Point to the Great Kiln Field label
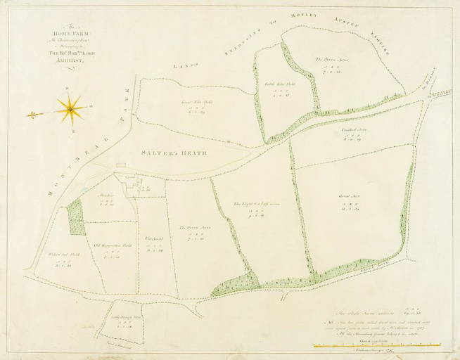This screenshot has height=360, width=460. pyautogui.click(x=190, y=102)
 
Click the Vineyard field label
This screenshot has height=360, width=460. pyautogui.click(x=155, y=240)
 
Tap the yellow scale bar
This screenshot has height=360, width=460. pyautogui.click(x=381, y=345)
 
